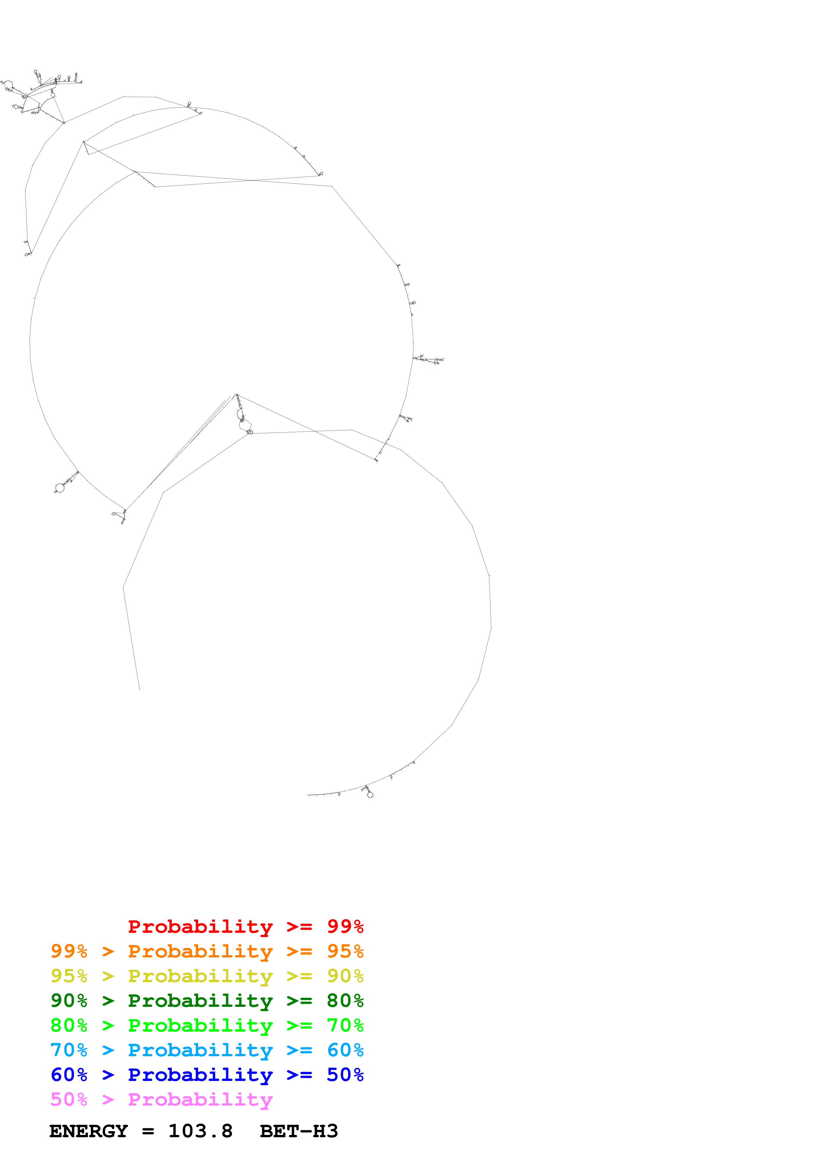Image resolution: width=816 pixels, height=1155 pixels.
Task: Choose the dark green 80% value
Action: click(x=345, y=1001)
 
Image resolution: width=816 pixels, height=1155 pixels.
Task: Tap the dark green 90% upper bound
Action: click(x=69, y=1001)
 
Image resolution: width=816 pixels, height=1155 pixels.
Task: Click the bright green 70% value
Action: click(x=345, y=1025)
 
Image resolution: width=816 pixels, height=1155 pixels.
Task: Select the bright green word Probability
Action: click(x=200, y=1025)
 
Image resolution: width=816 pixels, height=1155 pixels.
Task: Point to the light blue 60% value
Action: click(x=345, y=1050)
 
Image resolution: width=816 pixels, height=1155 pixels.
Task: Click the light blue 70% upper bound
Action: click(x=69, y=1050)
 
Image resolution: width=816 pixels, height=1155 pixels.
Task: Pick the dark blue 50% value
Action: click(x=345, y=1075)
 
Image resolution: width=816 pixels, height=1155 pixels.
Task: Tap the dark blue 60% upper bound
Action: click(x=69, y=1075)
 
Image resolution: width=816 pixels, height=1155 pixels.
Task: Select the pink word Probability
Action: click(x=200, y=1100)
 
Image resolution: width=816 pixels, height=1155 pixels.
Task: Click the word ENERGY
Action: click(x=89, y=1131)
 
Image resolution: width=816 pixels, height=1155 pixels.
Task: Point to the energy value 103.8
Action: click(x=200, y=1131)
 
